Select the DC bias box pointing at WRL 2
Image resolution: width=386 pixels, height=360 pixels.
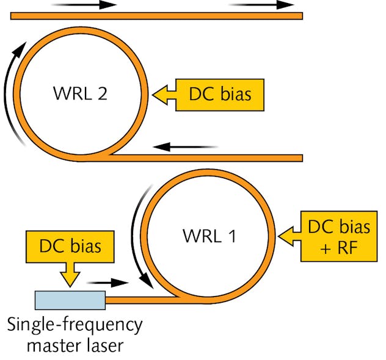[x=220, y=95]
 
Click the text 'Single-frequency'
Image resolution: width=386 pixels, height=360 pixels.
[x=75, y=323]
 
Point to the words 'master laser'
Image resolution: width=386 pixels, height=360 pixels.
[x=75, y=345]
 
